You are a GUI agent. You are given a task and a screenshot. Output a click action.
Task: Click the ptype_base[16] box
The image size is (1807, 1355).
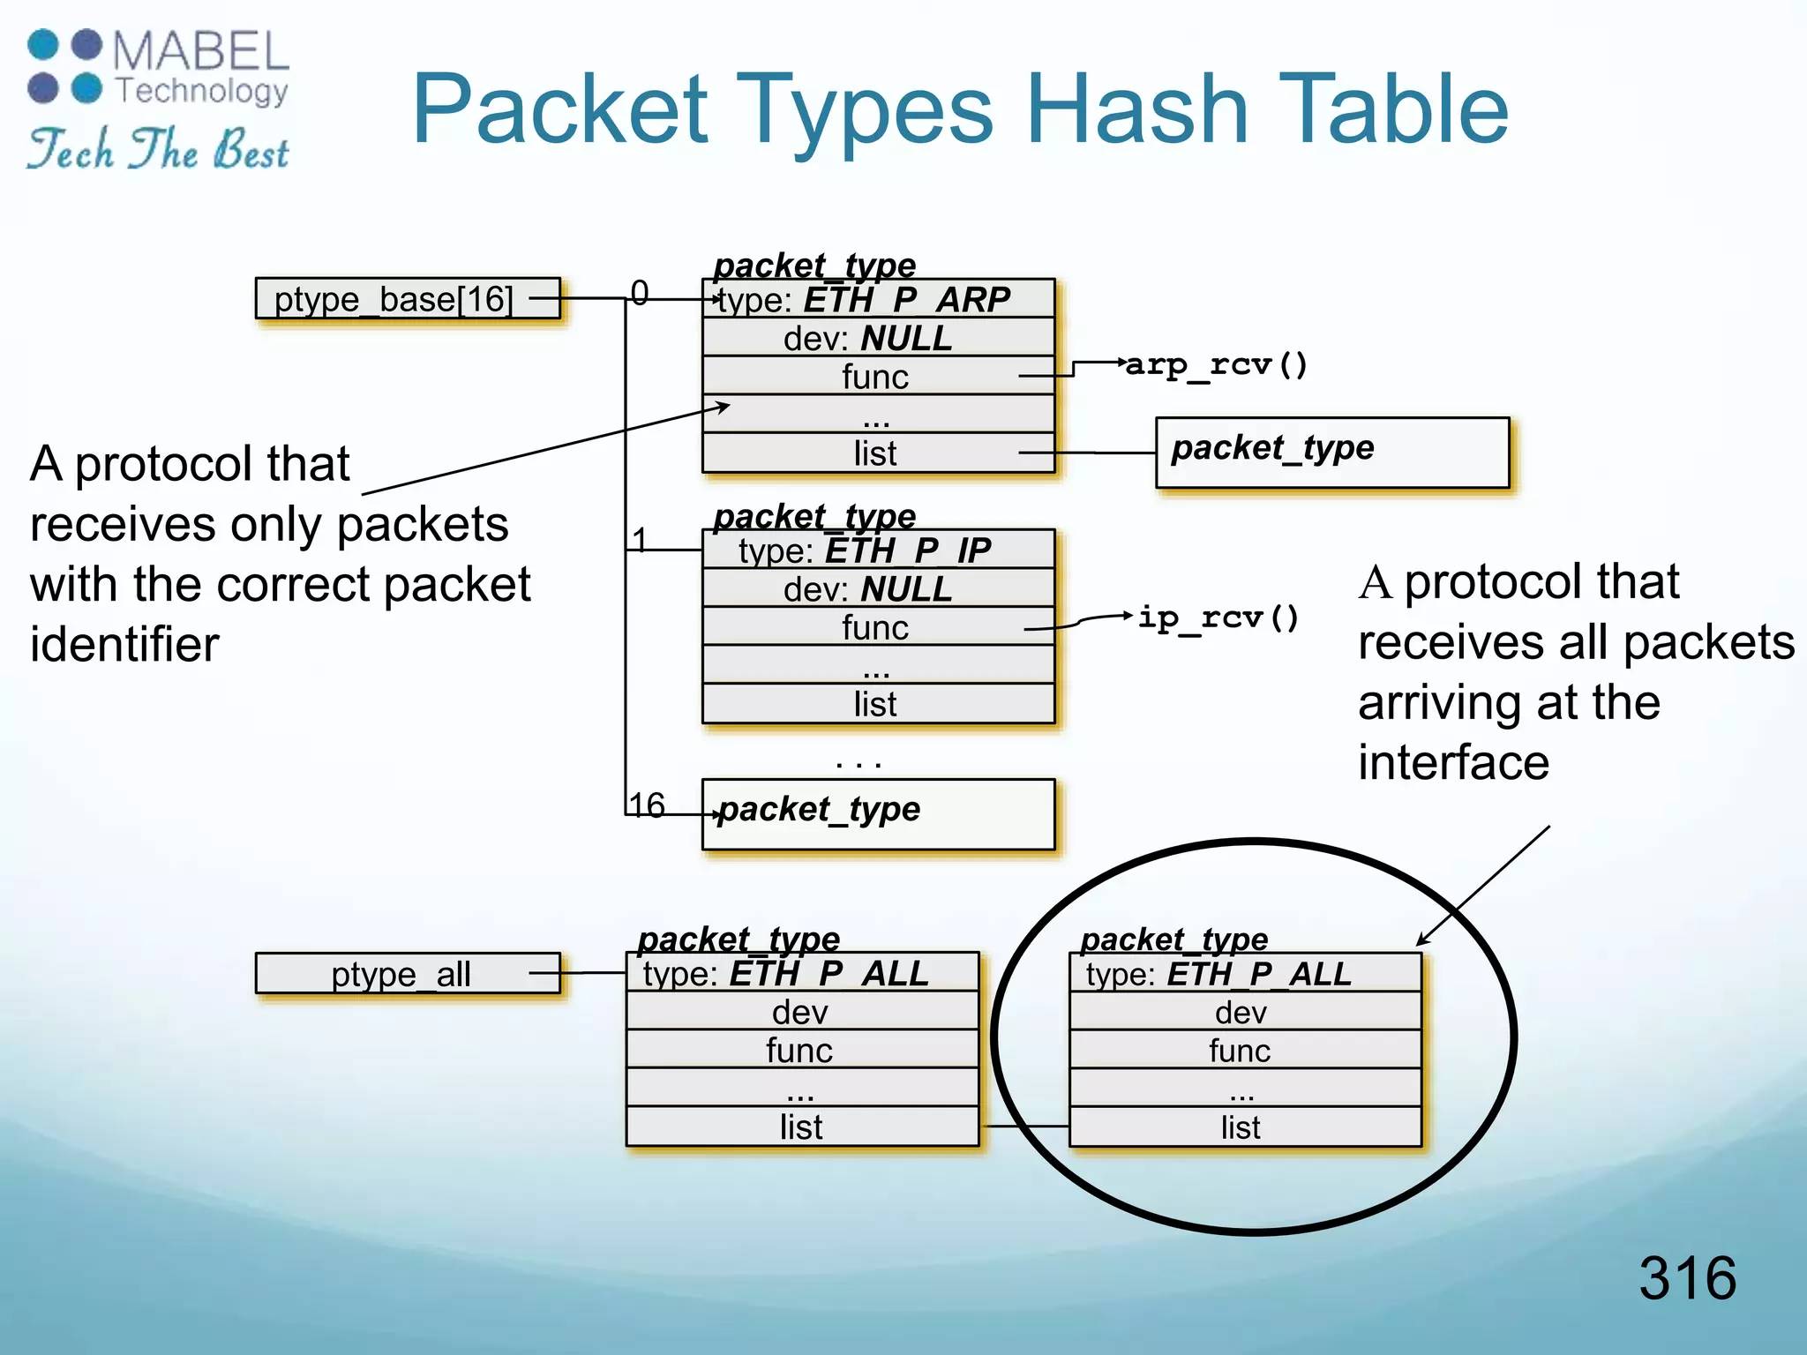[407, 299]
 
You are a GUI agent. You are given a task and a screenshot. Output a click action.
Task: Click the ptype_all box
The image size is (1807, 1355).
[407, 974]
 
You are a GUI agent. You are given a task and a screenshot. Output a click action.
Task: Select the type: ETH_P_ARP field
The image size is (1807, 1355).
[878, 300]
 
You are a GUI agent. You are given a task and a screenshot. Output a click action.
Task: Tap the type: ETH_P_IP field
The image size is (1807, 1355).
[878, 550]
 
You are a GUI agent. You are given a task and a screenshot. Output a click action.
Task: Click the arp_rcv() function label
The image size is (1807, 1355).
[1216, 364]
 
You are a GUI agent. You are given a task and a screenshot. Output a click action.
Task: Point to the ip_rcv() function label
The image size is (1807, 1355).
[1218, 618]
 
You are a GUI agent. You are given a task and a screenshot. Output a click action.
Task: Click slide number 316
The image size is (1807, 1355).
[1687, 1277]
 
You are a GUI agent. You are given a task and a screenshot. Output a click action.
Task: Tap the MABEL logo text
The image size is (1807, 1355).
[201, 51]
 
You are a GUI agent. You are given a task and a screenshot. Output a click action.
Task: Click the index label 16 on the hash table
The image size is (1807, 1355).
[647, 805]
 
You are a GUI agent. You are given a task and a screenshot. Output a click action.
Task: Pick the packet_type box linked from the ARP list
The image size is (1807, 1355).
[1332, 452]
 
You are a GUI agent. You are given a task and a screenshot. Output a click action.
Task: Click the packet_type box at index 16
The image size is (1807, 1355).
[878, 813]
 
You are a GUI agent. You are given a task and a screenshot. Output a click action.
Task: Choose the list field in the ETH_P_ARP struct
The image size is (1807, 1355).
[878, 453]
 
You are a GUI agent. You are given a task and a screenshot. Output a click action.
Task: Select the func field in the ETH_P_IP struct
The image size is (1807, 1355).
[878, 627]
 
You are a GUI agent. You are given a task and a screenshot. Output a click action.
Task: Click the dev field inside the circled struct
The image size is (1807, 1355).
[1244, 1012]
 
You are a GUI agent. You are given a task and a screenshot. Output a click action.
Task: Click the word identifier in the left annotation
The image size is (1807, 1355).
[124, 644]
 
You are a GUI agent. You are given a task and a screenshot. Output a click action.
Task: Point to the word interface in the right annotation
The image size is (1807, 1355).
[1453, 762]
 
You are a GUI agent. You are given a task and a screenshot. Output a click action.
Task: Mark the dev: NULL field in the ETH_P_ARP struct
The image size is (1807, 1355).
[878, 338]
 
